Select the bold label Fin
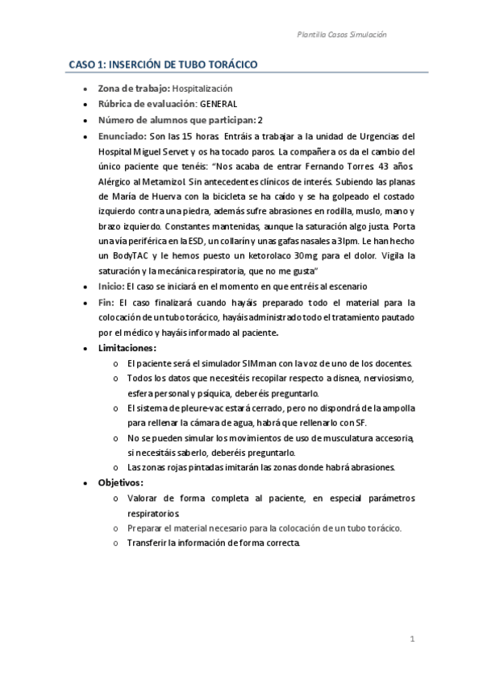[106, 303]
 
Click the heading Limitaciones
[127, 349]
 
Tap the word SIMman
[251, 364]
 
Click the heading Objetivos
[121, 482]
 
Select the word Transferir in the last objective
[148, 543]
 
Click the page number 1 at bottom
[412, 641]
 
